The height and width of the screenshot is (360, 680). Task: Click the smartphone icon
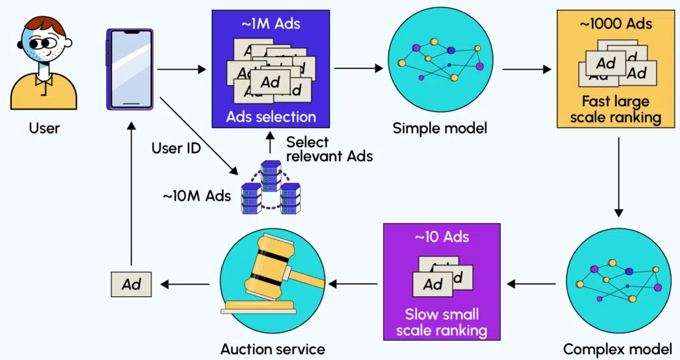[129, 69]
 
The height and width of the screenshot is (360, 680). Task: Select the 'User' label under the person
[44, 128]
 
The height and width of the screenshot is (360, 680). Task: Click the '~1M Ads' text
[270, 24]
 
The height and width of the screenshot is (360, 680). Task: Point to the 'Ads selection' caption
[271, 117]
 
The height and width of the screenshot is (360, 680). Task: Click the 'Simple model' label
[440, 128]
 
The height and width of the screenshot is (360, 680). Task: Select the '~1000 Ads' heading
[616, 24]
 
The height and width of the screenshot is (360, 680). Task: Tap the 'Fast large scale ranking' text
[616, 110]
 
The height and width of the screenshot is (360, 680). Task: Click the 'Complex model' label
[617, 349]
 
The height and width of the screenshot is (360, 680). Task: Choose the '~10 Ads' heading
[442, 237]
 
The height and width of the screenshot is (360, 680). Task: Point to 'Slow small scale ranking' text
[442, 321]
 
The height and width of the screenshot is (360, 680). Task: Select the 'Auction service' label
[272, 349]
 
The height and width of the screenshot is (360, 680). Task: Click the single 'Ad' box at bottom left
[131, 284]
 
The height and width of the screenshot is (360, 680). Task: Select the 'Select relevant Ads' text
[329, 149]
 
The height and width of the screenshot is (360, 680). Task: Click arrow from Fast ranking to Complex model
[618, 177]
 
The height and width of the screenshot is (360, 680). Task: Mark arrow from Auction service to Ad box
[185, 284]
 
